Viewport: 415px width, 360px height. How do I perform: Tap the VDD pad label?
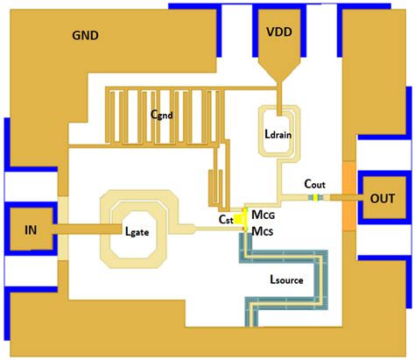284,32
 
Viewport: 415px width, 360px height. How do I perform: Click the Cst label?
227,219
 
